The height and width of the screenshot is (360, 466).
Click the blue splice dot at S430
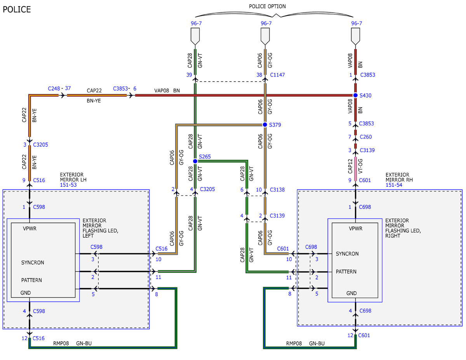click(x=355, y=95)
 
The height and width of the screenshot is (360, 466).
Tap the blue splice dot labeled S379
click(x=265, y=125)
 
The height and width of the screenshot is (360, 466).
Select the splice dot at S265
click(x=195, y=161)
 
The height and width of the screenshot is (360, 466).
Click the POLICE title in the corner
click(x=17, y=9)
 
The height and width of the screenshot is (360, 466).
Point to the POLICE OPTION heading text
click(x=267, y=7)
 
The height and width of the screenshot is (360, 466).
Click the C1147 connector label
click(x=277, y=75)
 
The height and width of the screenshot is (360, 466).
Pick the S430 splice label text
click(x=365, y=96)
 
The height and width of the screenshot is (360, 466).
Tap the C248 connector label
click(x=54, y=88)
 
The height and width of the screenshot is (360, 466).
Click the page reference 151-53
click(x=68, y=185)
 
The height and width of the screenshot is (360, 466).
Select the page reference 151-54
click(x=394, y=185)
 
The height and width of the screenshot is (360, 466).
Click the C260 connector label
click(x=366, y=137)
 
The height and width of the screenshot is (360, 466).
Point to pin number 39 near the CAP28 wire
click(x=189, y=75)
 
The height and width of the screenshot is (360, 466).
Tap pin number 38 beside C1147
click(x=259, y=75)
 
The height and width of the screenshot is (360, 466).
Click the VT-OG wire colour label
click(x=360, y=166)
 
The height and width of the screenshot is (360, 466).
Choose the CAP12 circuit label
click(x=350, y=166)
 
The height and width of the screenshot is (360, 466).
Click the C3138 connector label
click(x=277, y=190)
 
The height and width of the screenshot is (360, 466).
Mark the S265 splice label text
click(x=205, y=157)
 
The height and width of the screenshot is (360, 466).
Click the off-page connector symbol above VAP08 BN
click(x=356, y=37)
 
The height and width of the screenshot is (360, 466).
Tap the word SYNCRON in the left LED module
click(x=33, y=263)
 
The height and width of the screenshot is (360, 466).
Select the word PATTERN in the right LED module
click(x=346, y=272)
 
